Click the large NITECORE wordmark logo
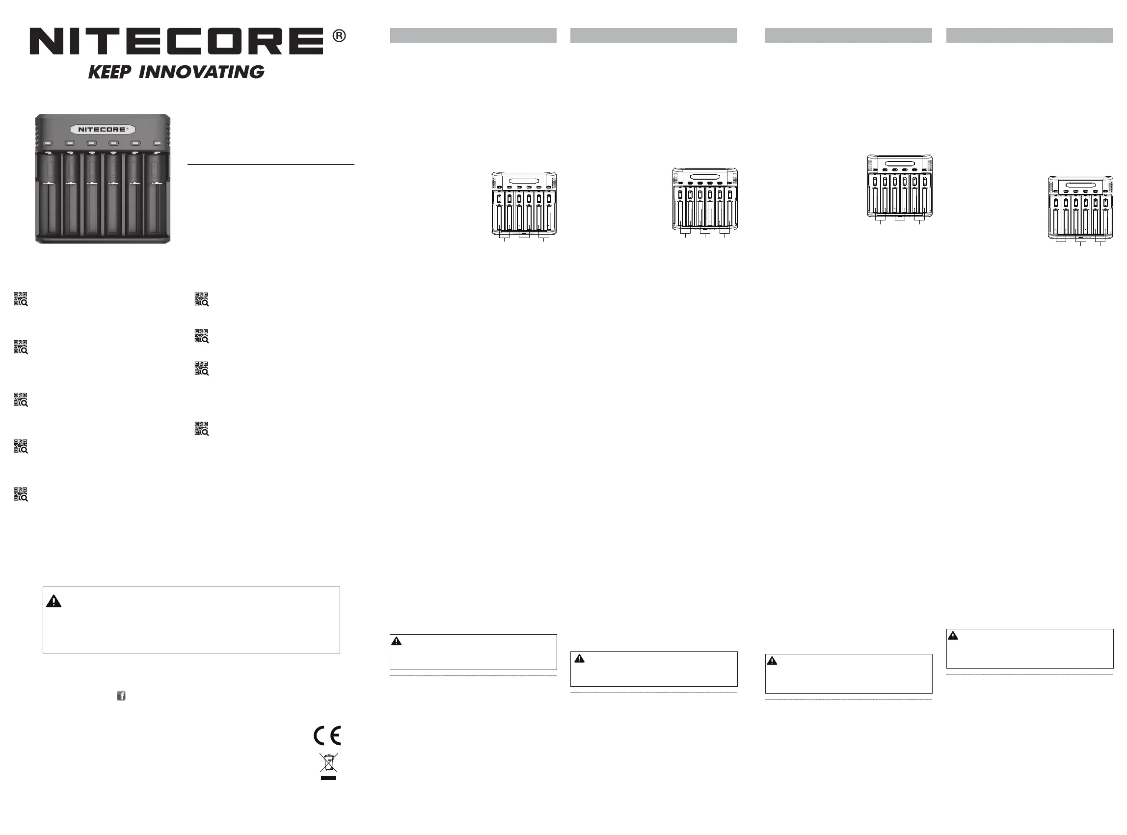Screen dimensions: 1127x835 [x=176, y=41]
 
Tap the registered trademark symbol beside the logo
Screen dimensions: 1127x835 [x=339, y=36]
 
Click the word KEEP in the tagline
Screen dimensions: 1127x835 [x=109, y=72]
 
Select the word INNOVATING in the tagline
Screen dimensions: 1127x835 [x=201, y=72]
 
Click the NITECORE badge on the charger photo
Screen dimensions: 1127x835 [x=103, y=130]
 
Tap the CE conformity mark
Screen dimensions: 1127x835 [x=327, y=735]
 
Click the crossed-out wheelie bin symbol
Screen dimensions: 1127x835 [x=328, y=764]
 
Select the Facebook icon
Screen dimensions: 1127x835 [x=121, y=696]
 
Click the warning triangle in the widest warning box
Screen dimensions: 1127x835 [x=54, y=601]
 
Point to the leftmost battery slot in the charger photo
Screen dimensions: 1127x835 [x=49, y=194]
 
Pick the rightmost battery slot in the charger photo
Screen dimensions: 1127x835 [x=156, y=194]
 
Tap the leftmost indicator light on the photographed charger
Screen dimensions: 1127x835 [x=49, y=143]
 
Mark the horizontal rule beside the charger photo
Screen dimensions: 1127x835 [x=271, y=164]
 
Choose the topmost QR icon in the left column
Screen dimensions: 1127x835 [x=21, y=299]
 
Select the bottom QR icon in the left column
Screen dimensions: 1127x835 [x=21, y=494]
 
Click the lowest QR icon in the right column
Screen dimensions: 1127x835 [x=202, y=429]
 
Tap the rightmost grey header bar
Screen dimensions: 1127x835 [x=1029, y=35]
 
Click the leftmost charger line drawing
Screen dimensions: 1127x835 [x=524, y=205]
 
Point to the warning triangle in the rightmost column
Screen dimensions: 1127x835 [x=953, y=636]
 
